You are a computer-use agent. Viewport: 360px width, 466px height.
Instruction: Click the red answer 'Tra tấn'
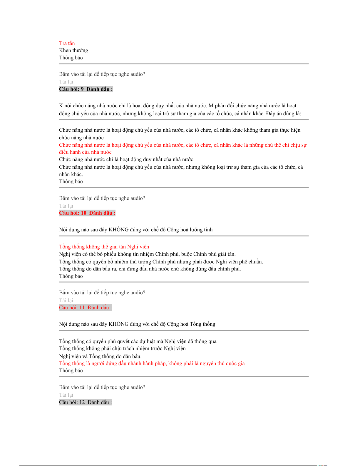[x=67, y=43]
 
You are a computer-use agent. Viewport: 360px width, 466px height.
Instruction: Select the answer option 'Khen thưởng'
[x=73, y=50]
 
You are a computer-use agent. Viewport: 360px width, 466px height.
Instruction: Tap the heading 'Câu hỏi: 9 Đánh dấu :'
[x=86, y=89]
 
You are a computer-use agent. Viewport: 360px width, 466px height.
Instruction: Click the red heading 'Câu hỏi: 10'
[x=73, y=213]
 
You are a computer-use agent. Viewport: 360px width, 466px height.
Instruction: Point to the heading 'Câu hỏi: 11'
[x=72, y=308]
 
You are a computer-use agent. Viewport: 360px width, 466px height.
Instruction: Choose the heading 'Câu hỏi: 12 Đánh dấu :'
[x=85, y=402]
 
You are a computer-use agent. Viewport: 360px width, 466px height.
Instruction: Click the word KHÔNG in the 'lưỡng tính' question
[x=118, y=230]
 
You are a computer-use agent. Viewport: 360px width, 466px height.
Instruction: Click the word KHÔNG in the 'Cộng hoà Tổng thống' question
[x=118, y=324]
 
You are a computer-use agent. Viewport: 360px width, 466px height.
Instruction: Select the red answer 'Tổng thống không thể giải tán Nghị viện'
[x=104, y=247]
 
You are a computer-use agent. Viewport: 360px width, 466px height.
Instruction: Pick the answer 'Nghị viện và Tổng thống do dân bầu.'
[x=100, y=356]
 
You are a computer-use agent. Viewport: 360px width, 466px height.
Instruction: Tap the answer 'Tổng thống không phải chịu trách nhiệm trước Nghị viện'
[x=122, y=348]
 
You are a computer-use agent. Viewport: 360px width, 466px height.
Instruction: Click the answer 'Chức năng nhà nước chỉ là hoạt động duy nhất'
[x=127, y=159]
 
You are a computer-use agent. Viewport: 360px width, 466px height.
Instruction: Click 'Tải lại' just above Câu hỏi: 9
[x=66, y=82]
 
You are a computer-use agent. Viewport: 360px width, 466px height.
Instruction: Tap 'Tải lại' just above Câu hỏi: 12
[x=66, y=395]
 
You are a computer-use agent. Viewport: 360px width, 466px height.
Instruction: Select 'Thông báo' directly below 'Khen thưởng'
[x=71, y=58]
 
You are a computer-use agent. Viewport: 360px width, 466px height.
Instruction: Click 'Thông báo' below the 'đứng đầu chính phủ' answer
[x=71, y=276]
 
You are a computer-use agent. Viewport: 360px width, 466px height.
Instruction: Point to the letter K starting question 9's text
[x=61, y=106]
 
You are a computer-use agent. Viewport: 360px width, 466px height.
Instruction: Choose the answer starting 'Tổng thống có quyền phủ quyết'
[x=138, y=341]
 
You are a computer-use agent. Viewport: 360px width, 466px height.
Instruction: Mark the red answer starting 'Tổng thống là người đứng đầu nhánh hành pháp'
[x=152, y=363]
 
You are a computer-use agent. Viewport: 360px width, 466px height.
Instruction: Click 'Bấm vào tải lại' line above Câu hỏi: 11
[x=102, y=293]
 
